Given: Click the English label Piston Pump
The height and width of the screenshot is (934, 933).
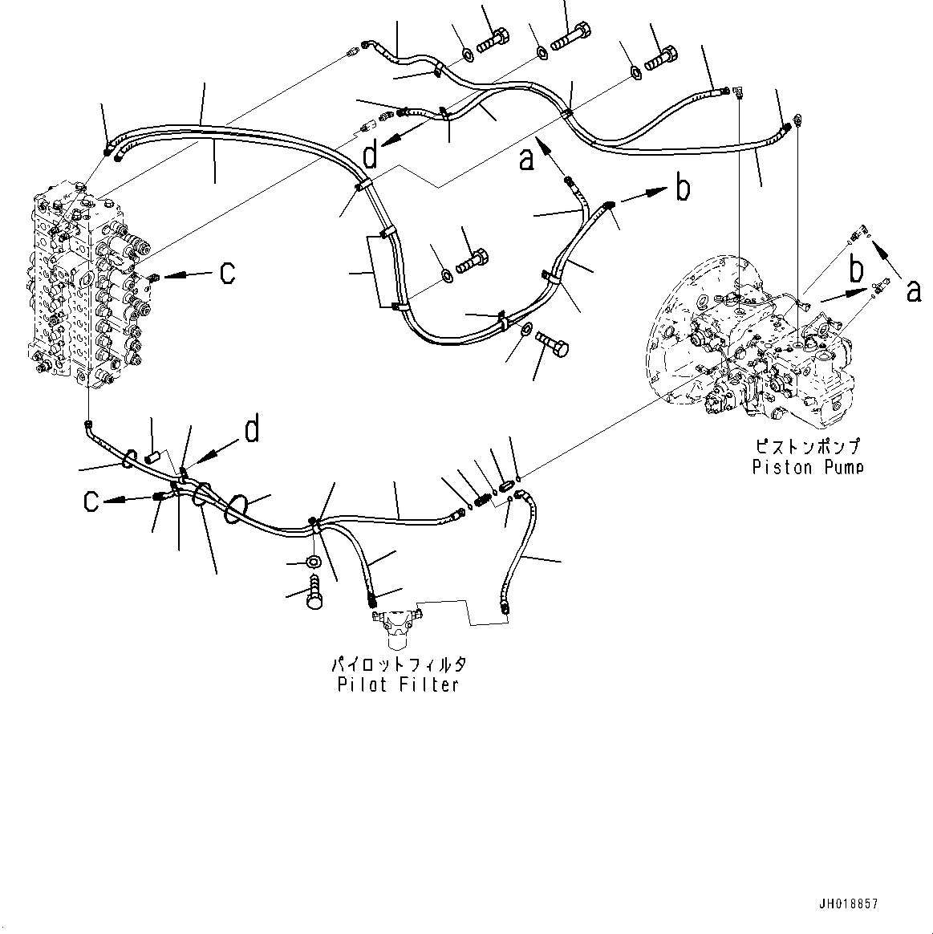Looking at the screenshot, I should click(807, 467).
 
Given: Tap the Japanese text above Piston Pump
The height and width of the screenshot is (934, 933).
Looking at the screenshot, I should click(807, 446).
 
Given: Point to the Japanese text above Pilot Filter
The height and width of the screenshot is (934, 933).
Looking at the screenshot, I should click(398, 664).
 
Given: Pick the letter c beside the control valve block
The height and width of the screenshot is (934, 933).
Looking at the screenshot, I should click(227, 273).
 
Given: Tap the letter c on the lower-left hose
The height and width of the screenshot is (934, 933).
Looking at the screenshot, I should click(92, 502).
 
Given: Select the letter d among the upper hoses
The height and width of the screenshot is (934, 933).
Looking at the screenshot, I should click(369, 156).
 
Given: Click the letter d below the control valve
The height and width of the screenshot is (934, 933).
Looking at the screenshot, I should click(251, 431).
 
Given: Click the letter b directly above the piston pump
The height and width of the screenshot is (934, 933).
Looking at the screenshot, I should click(858, 270).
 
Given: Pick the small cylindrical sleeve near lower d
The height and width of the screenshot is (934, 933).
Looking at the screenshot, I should click(154, 458).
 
